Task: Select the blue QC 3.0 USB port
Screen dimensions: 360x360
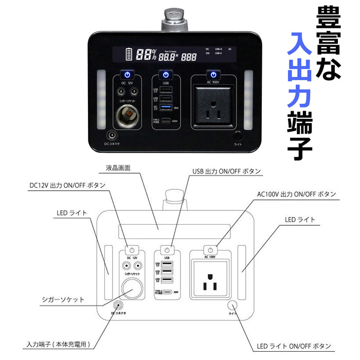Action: (166, 107)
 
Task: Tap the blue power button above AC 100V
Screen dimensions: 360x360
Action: (212, 75)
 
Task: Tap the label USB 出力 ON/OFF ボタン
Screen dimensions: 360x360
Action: (226, 171)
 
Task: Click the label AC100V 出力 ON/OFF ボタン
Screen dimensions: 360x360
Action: (297, 194)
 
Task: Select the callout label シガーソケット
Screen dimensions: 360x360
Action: (63, 299)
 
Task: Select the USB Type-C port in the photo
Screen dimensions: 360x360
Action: (166, 121)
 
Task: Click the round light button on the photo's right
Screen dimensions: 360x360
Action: (237, 136)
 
